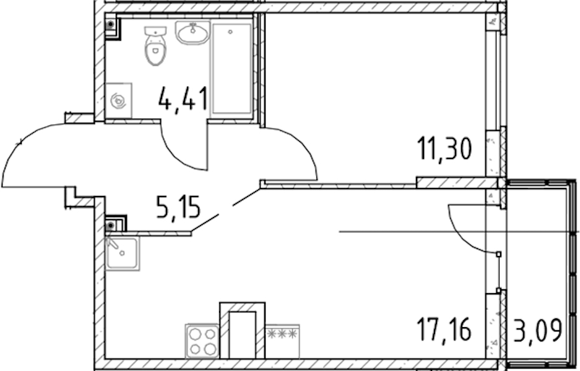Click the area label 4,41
click(x=183, y=99)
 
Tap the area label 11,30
click(x=444, y=148)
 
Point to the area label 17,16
click(x=444, y=330)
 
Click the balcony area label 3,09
click(x=538, y=331)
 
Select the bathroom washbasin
click(x=193, y=33)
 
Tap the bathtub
click(x=232, y=69)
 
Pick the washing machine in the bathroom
click(x=118, y=100)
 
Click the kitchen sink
click(x=122, y=254)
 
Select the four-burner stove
click(x=202, y=341)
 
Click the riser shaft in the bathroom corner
click(x=111, y=26)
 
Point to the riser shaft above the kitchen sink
click(x=116, y=224)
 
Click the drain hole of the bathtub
click(x=230, y=32)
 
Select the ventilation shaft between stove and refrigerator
click(x=242, y=330)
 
